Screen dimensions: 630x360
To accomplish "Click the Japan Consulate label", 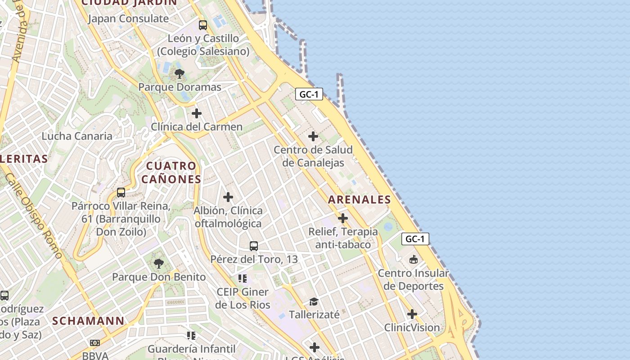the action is [x=128, y=19].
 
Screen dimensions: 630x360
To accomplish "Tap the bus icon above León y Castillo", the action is [x=203, y=25].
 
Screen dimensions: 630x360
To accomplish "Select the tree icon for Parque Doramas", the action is [x=180, y=73].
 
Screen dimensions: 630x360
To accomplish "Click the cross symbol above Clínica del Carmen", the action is [x=197, y=113].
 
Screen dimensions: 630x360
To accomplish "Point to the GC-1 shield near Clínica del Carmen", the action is [x=309, y=94].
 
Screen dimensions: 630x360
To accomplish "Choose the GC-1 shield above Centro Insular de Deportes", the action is [x=415, y=239].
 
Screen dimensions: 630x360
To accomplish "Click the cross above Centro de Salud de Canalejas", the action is [x=313, y=136].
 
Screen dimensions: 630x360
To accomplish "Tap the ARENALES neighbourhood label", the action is [x=359, y=200].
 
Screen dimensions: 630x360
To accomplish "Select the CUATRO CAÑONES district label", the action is [x=171, y=173].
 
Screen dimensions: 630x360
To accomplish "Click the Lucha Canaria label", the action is [x=77, y=136].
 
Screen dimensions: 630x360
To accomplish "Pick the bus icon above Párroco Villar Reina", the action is [x=121, y=193].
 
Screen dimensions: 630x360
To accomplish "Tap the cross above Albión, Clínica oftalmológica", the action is [x=228, y=197].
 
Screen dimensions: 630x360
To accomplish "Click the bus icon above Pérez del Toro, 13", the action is [x=254, y=246].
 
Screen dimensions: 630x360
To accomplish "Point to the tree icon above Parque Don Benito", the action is [x=158, y=263].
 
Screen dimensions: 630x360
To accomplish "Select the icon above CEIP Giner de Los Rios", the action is [x=243, y=279].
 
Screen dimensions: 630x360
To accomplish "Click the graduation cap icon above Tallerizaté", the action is [x=314, y=301].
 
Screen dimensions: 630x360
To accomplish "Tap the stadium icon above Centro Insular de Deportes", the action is [x=413, y=260].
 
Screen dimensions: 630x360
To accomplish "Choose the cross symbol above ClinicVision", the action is [x=412, y=314].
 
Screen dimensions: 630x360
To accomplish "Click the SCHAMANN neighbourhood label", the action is [x=88, y=321].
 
